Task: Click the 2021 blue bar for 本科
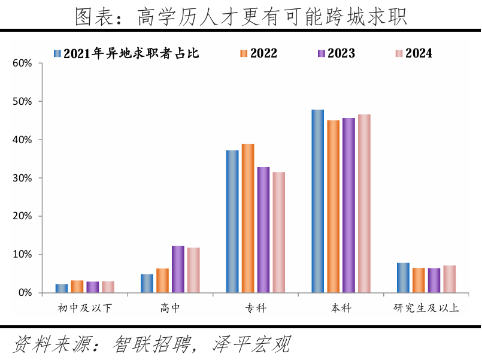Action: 317,201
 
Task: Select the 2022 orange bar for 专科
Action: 248,218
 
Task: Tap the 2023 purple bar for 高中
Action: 178,269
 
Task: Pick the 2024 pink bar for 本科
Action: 364,203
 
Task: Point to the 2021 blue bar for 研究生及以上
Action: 403,277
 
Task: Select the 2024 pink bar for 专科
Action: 278,232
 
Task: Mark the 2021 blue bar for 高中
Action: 147,283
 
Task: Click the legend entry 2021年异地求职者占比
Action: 126,53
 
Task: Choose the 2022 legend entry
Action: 258,53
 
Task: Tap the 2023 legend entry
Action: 336,53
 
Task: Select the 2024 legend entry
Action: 413,53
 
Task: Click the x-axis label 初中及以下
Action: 84,309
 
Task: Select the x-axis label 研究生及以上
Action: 426,309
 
